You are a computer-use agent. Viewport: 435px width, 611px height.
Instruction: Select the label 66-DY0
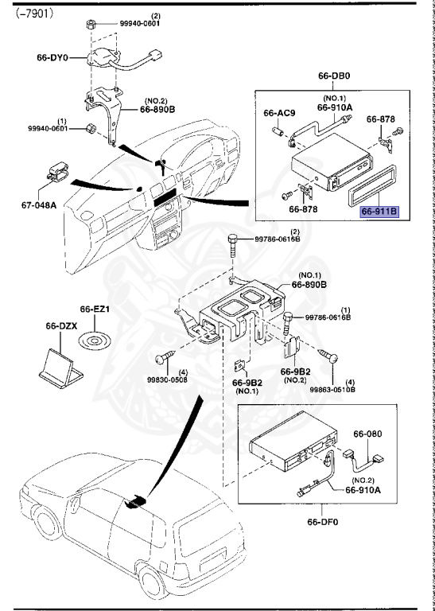(54, 58)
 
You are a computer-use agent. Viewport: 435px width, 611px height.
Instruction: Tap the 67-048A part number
(39, 204)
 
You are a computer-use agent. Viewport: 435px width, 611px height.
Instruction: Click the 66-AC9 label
(279, 113)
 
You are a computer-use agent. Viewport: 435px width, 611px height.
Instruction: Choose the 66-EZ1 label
(92, 309)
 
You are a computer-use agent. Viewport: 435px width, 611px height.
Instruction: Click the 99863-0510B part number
(333, 390)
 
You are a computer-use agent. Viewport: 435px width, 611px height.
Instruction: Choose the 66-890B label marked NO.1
(309, 283)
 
